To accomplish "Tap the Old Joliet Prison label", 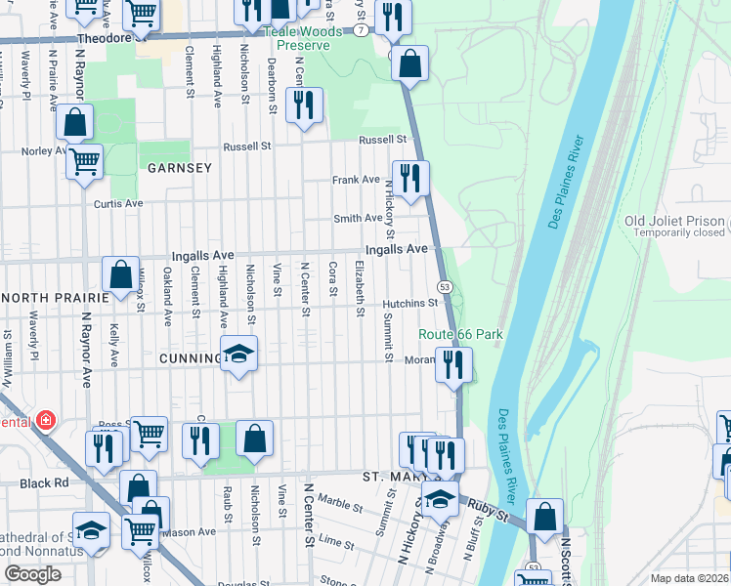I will click(x=674, y=221).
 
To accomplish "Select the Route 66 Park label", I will click(x=460, y=334).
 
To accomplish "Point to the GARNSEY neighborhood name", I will click(x=180, y=168).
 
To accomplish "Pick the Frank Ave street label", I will click(x=356, y=180).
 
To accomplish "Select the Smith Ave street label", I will click(x=358, y=219).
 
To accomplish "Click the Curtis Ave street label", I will click(x=118, y=204).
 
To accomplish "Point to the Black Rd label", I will click(x=47, y=483).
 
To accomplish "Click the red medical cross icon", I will click(x=45, y=421).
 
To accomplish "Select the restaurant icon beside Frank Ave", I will click(x=410, y=179).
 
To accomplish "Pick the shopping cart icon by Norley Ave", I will click(x=85, y=160).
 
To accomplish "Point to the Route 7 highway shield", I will click(x=362, y=31).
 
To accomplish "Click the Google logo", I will click(x=32, y=574).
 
